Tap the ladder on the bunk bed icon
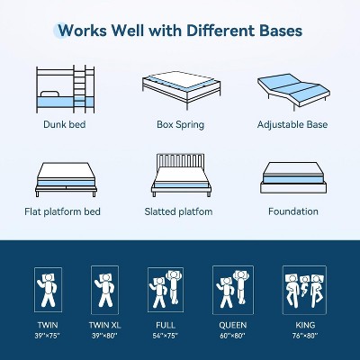click(x=79, y=89)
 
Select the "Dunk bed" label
click(x=65, y=124)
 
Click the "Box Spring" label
click(x=181, y=124)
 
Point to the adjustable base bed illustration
click(x=293, y=92)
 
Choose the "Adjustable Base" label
click(x=292, y=124)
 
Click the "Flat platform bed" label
click(x=62, y=211)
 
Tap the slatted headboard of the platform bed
click(x=180, y=160)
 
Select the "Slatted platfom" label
click(x=178, y=211)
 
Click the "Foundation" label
click(x=293, y=211)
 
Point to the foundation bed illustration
click(x=293, y=178)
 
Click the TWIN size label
click(x=48, y=325)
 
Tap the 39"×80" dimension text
click(x=105, y=336)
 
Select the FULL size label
click(x=166, y=325)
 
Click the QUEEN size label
click(x=233, y=325)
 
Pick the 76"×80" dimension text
click(x=305, y=336)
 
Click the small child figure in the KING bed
click(x=304, y=285)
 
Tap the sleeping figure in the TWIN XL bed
click(x=104, y=290)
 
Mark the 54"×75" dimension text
click(x=166, y=336)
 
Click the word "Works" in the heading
click(x=82, y=31)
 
